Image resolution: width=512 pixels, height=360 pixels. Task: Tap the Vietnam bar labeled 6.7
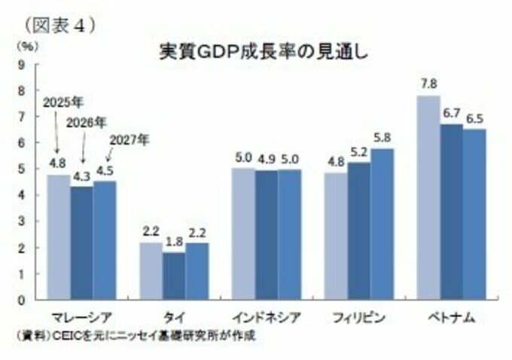click(452, 212)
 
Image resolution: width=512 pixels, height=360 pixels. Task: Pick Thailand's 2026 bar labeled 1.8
click(174, 276)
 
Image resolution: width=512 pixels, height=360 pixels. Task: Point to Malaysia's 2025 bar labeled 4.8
click(59, 236)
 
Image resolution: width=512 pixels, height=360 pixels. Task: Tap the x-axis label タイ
click(174, 318)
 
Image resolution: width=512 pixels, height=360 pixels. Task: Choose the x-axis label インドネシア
click(267, 318)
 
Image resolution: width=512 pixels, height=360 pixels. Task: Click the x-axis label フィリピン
click(359, 318)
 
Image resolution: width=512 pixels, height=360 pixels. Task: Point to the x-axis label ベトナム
click(452, 318)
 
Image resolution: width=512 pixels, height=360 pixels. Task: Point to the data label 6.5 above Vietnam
click(474, 119)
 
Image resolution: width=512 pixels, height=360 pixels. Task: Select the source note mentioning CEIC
click(136, 336)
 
